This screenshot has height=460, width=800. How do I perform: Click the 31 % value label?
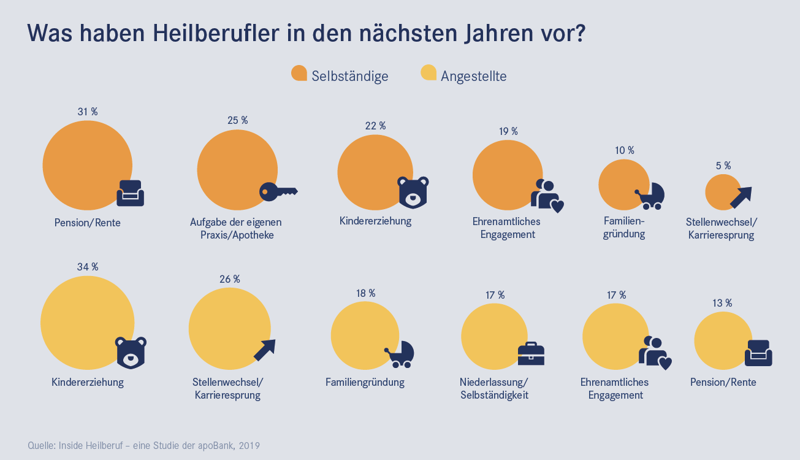point(88,112)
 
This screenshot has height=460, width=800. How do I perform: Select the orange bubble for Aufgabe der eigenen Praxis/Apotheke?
point(237,170)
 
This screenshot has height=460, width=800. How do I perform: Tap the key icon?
point(278,191)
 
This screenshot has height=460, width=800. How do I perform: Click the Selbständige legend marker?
point(299,73)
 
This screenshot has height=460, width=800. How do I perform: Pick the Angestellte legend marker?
point(428,73)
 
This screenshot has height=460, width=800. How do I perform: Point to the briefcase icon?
point(531,353)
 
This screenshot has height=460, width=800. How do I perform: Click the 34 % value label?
point(88,267)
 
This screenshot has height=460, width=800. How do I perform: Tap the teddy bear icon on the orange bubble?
point(413,192)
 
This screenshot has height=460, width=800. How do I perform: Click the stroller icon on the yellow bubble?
point(400,354)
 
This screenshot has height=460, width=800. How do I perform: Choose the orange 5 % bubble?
point(723,192)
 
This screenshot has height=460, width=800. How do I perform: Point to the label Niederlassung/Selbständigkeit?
point(494,389)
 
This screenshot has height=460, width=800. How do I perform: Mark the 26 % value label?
point(230,280)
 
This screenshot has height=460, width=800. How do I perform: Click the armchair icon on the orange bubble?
point(130,193)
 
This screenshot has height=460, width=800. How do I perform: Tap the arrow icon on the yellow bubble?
point(265,350)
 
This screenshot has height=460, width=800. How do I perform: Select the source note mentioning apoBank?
point(144,445)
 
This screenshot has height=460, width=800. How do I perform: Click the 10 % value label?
point(624,150)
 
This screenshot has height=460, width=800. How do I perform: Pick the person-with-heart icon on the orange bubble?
point(546,195)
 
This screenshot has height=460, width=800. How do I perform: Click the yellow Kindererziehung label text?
point(88,383)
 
